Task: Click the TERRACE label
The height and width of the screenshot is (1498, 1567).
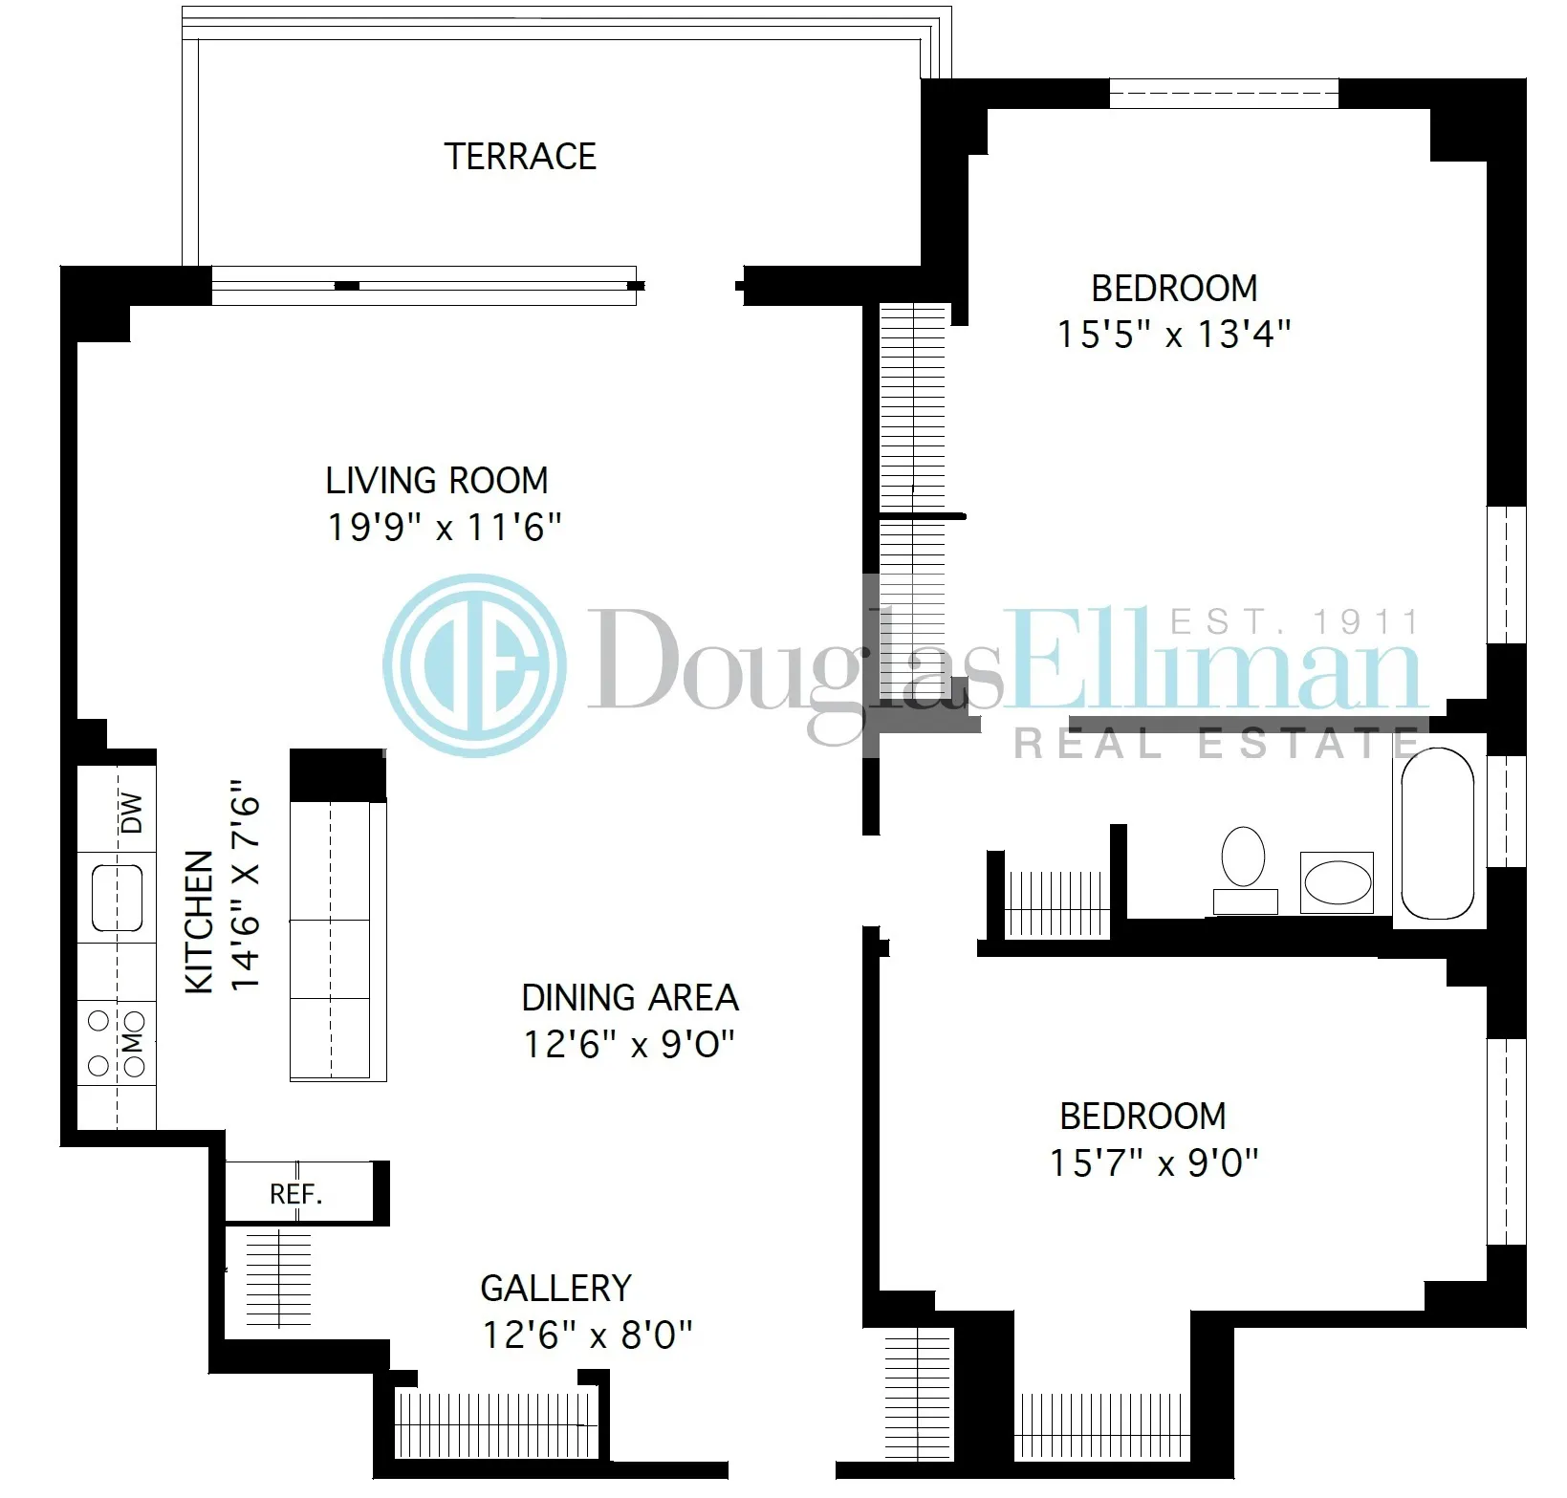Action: tap(520, 156)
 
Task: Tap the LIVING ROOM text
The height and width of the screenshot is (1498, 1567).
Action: tap(437, 480)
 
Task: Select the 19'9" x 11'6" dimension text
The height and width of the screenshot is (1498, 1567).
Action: tap(444, 527)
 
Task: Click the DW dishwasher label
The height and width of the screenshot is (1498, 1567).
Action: tap(133, 813)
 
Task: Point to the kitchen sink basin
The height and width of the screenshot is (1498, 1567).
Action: tap(118, 898)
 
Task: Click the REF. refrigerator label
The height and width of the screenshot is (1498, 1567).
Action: tap(296, 1194)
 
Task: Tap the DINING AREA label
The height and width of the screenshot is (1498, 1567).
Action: tap(630, 998)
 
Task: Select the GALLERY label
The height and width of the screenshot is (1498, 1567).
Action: tap(555, 1289)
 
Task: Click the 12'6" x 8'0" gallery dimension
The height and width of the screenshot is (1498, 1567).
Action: tap(587, 1335)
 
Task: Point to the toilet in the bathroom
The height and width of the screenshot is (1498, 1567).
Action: tap(1244, 858)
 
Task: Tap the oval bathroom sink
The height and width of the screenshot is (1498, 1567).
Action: tap(1336, 882)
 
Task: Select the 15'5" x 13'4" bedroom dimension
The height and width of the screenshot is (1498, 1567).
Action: tap(1174, 335)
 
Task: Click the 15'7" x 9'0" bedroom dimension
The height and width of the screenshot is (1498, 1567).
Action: tap(1154, 1163)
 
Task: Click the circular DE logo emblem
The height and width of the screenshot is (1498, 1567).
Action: tap(474, 665)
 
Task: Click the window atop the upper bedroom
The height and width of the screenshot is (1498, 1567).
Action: tap(1224, 94)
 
